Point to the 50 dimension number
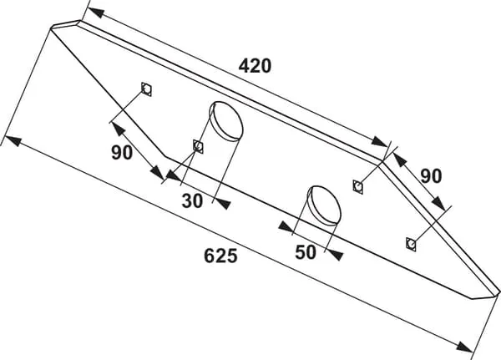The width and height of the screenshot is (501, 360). [306, 251]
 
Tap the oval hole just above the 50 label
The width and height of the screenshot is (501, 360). [324, 202]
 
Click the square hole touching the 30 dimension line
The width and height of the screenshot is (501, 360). [198, 147]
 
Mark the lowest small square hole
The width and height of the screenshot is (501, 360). [410, 243]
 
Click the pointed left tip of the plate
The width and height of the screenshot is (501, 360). [53, 26]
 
